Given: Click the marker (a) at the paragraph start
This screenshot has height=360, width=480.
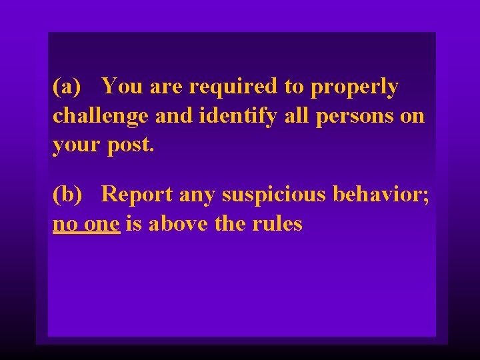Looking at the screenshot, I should pyautogui.click(x=67, y=87).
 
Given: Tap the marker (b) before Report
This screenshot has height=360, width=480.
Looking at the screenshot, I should pyautogui.click(x=67, y=195).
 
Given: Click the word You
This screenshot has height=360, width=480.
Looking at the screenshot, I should pyautogui.click(x=123, y=87).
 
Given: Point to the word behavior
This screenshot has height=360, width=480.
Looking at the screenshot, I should pyautogui.click(x=378, y=195).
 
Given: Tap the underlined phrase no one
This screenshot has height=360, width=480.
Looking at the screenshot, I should pyautogui.click(x=86, y=224).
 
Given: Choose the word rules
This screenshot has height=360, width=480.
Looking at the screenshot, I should pyautogui.click(x=278, y=224).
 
